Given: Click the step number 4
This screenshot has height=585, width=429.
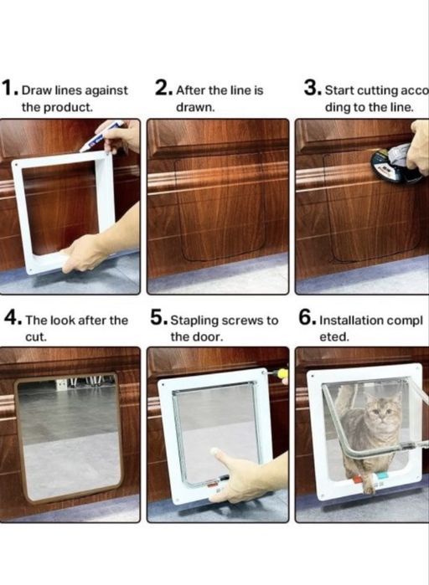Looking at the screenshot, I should tap(12, 319).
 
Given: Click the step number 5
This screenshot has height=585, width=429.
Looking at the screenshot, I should tap(158, 319).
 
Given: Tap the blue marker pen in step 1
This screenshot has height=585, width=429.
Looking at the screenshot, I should tap(101, 136).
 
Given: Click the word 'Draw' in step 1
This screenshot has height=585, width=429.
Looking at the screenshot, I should tap(36, 90).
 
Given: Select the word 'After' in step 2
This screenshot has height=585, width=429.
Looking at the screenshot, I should tap(191, 90).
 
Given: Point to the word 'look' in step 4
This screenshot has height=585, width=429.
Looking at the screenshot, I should tap(64, 321).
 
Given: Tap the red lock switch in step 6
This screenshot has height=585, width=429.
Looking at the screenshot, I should tap(356, 479).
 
